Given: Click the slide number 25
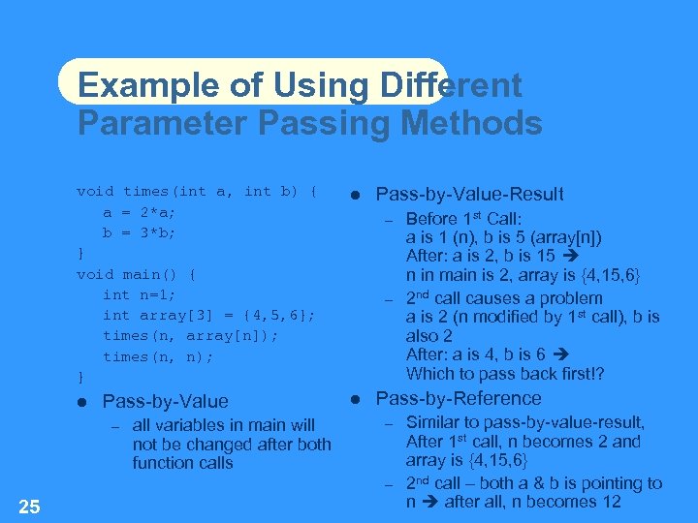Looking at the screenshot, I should click(29, 506).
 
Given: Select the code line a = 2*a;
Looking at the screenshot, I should click(140, 212).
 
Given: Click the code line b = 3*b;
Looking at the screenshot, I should click(140, 232).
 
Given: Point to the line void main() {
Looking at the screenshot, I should click(137, 274).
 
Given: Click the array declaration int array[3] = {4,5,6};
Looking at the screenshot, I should click(208, 315).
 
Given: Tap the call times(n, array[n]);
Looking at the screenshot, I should click(190, 335).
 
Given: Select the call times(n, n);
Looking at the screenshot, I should click(159, 355).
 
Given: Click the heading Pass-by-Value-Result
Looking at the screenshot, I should click(469, 195).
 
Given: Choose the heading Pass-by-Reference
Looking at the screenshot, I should click(459, 398).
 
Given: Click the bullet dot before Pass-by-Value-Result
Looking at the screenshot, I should click(355, 196).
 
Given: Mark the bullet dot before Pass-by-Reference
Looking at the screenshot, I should click(355, 399).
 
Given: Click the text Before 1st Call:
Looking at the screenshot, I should click(463, 219).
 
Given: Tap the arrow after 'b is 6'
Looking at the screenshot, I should click(559, 354).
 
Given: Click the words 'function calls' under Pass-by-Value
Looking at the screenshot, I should click(182, 463).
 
